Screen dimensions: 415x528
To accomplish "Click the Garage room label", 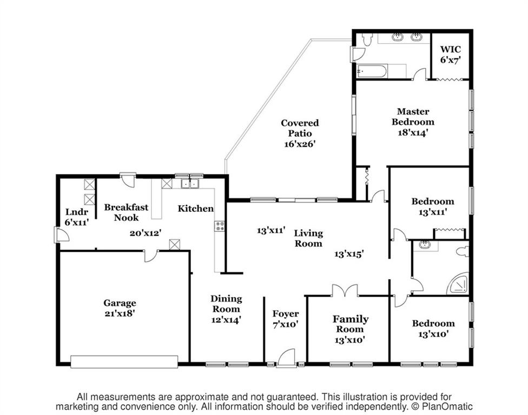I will tap(120, 303).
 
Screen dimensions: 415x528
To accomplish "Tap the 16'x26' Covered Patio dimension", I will tap(299, 144).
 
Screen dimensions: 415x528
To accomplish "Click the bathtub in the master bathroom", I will tap(372, 71).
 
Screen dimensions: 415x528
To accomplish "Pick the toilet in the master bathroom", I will tap(366, 39).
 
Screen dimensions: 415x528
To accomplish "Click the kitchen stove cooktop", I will tap(220, 226).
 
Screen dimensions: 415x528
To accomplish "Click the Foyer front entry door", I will tap(287, 358).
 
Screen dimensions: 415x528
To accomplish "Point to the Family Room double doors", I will tap(345, 291).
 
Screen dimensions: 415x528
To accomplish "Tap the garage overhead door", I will tap(124, 362).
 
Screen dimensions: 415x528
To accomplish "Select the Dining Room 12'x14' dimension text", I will tap(226, 319).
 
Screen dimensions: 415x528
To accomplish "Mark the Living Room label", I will tap(308, 238).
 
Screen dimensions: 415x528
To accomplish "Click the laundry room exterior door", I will tap(60, 235).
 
